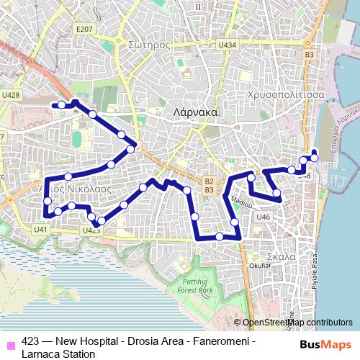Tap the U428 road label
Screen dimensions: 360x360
click(11, 94)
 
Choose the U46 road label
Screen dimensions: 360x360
click(263, 217)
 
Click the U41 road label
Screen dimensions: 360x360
click(40, 229)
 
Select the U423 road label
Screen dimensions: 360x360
click(91, 230)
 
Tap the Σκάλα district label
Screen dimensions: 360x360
click(278, 255)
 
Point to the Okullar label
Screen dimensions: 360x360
click(260, 266)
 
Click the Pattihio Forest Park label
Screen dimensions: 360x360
click(195, 285)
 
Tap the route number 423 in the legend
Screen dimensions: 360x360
click(30, 342)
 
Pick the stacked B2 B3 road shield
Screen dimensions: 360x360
click(209, 186)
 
